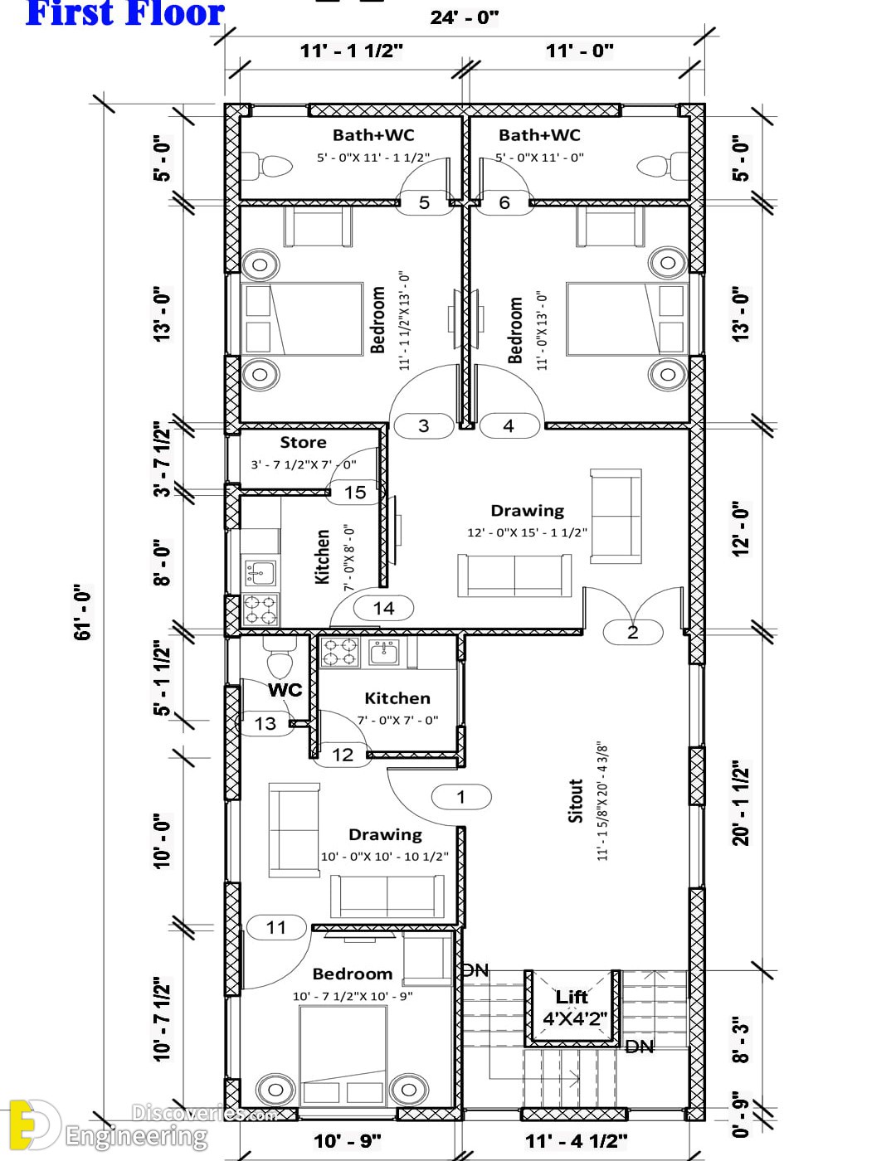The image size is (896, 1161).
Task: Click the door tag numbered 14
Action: coord(383,608)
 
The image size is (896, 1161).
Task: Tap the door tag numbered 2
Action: coord(633,632)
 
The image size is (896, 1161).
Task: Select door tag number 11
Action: coord(276,927)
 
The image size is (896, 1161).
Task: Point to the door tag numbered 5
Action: coord(424,202)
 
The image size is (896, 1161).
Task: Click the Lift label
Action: coord(571,997)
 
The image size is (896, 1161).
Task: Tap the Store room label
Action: coord(303,442)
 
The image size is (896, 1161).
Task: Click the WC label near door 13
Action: coord(285,690)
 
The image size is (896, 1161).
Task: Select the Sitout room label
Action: coord(576,800)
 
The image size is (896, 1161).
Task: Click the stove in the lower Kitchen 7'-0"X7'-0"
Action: coord(339,652)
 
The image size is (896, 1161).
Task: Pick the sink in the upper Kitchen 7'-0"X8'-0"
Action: coord(261,574)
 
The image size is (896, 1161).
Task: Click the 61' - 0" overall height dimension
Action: coord(83,611)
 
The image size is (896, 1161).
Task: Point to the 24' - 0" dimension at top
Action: coord(465,17)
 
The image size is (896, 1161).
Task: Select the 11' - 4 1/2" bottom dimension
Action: coord(577,1141)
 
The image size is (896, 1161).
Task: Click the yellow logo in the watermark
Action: coord(33,1124)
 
